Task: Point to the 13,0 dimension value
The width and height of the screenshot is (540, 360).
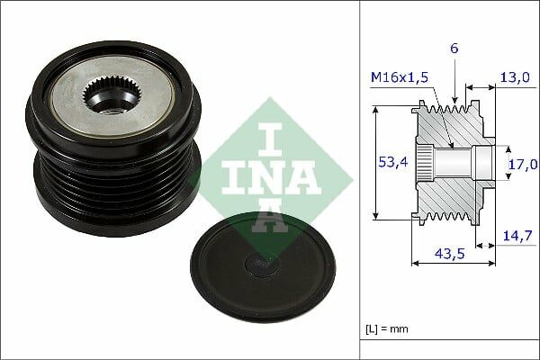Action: (x=515, y=77)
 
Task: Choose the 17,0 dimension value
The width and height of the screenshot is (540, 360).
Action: (x=522, y=164)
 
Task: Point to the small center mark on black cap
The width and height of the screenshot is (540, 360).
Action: (x=255, y=263)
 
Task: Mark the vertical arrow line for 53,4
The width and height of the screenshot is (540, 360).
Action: (x=373, y=163)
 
